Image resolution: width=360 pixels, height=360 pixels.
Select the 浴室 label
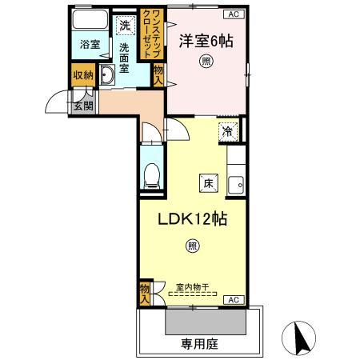(90, 45)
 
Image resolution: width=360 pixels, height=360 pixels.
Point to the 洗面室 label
(126, 58)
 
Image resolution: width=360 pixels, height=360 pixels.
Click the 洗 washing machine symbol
(124, 26)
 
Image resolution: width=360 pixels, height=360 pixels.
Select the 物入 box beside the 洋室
(158, 75)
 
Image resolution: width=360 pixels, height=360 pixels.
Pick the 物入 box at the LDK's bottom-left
(145, 293)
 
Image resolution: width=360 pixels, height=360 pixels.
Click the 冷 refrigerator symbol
(228, 131)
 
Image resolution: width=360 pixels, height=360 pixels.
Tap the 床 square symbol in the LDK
(207, 182)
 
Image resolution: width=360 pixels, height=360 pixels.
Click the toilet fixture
(151, 174)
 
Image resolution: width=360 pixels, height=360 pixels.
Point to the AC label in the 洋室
(232, 14)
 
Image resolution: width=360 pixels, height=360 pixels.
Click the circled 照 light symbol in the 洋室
(206, 62)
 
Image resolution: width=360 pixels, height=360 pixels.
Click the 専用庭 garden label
(199, 345)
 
